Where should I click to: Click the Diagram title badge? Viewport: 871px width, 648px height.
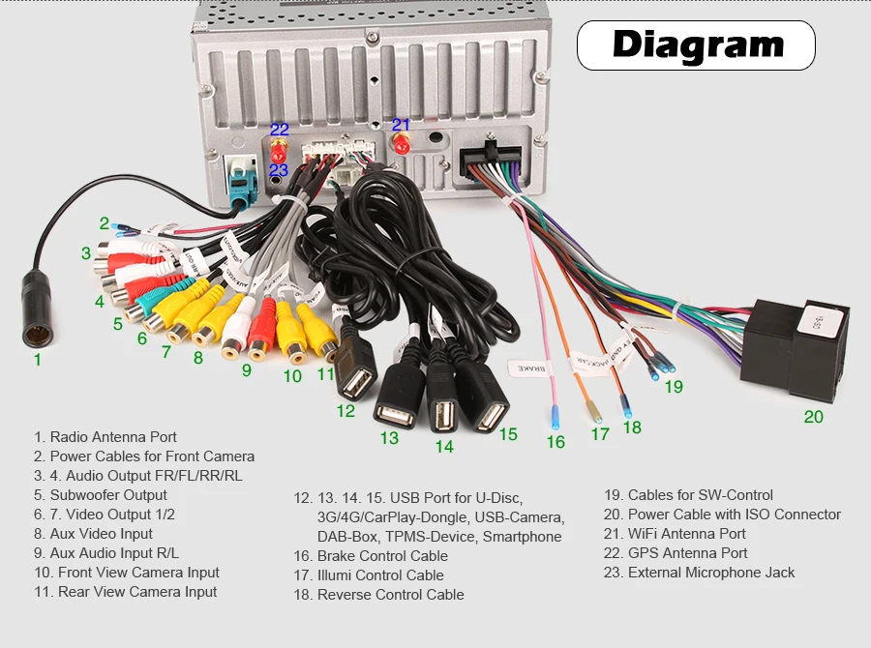tap(697, 44)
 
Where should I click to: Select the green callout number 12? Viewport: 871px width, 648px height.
tap(345, 410)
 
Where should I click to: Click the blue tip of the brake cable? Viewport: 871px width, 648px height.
tap(555, 418)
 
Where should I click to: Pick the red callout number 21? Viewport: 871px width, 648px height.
tap(401, 125)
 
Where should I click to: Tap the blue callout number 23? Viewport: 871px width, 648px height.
tap(279, 170)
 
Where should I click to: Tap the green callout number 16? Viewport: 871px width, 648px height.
tap(555, 442)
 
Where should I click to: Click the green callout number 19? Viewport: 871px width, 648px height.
tap(674, 386)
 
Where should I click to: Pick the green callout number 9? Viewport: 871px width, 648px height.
tap(246, 369)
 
